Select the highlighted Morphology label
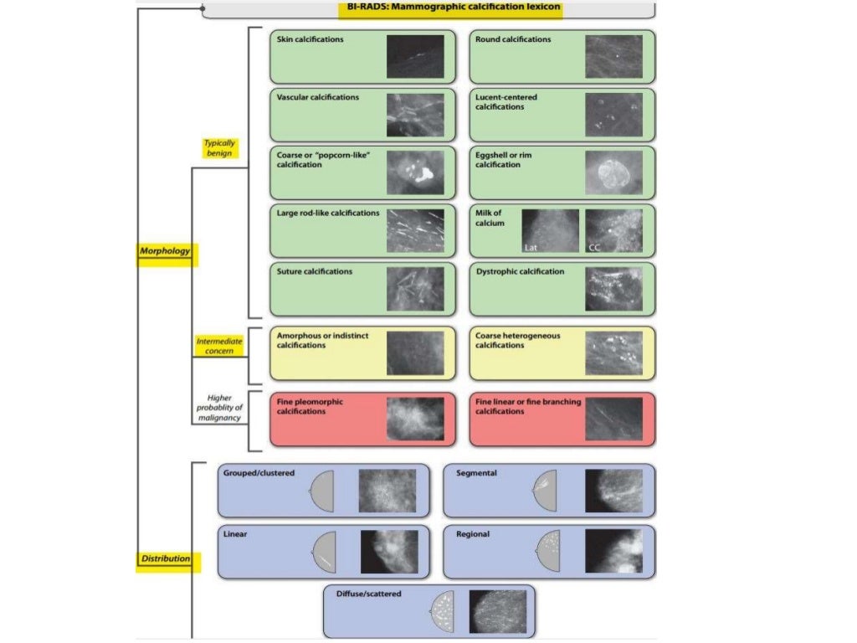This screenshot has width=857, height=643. [165, 251]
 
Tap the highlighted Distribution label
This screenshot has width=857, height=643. [165, 558]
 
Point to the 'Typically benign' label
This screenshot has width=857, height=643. [219, 148]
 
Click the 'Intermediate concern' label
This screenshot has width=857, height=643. [219, 346]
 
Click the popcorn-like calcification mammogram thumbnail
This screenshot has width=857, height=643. [414, 172]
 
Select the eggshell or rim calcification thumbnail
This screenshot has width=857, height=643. [613, 172]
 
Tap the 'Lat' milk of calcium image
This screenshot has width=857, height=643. [550, 230]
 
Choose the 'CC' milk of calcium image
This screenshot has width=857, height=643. [613, 230]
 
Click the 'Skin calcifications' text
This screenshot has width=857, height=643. [310, 39]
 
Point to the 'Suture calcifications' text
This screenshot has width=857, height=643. [314, 271]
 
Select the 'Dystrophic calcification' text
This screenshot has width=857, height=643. [519, 271]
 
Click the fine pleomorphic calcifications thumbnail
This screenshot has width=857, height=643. [414, 419]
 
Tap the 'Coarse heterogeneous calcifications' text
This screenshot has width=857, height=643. [517, 341]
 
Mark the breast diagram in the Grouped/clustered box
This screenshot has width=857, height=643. [322, 491]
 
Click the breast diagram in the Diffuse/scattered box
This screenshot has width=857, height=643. [442, 611]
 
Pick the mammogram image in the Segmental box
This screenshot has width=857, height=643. [620, 491]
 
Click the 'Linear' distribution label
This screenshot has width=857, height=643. [234, 533]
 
